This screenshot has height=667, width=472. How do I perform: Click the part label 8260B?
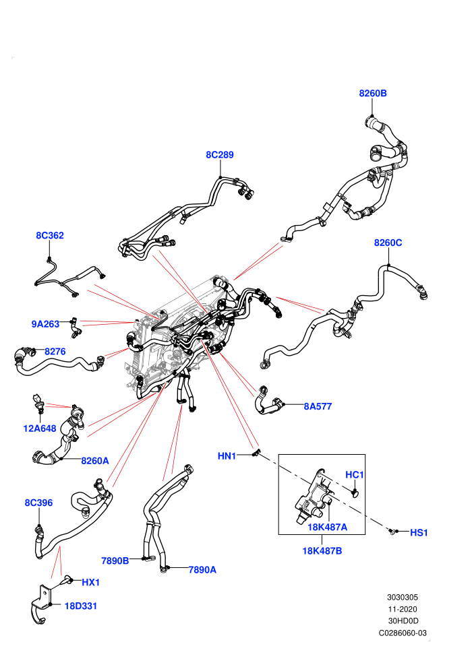(373, 93)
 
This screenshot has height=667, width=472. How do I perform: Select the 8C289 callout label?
(220, 154)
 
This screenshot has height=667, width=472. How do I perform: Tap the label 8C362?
(50, 235)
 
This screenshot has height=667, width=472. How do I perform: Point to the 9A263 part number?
(45, 324)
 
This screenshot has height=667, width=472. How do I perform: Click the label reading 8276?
(55, 352)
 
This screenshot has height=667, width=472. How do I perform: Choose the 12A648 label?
(40, 428)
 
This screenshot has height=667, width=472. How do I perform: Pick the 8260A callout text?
(95, 461)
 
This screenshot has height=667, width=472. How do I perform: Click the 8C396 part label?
(38, 503)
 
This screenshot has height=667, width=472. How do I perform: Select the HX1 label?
(90, 582)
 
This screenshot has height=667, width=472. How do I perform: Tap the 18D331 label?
(81, 606)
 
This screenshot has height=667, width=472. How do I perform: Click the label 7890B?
(115, 561)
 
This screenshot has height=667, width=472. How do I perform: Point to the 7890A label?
(202, 569)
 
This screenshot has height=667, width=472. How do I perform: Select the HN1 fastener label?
(227, 456)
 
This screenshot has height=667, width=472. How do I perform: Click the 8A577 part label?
(318, 406)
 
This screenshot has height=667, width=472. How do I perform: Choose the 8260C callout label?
(388, 243)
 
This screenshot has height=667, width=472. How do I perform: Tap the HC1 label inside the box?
(355, 475)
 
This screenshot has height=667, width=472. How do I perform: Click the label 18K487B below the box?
(322, 551)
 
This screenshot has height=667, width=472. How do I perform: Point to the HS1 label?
(419, 532)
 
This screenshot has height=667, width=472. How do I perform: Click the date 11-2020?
(403, 609)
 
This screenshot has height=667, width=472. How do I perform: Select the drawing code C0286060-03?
(403, 633)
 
